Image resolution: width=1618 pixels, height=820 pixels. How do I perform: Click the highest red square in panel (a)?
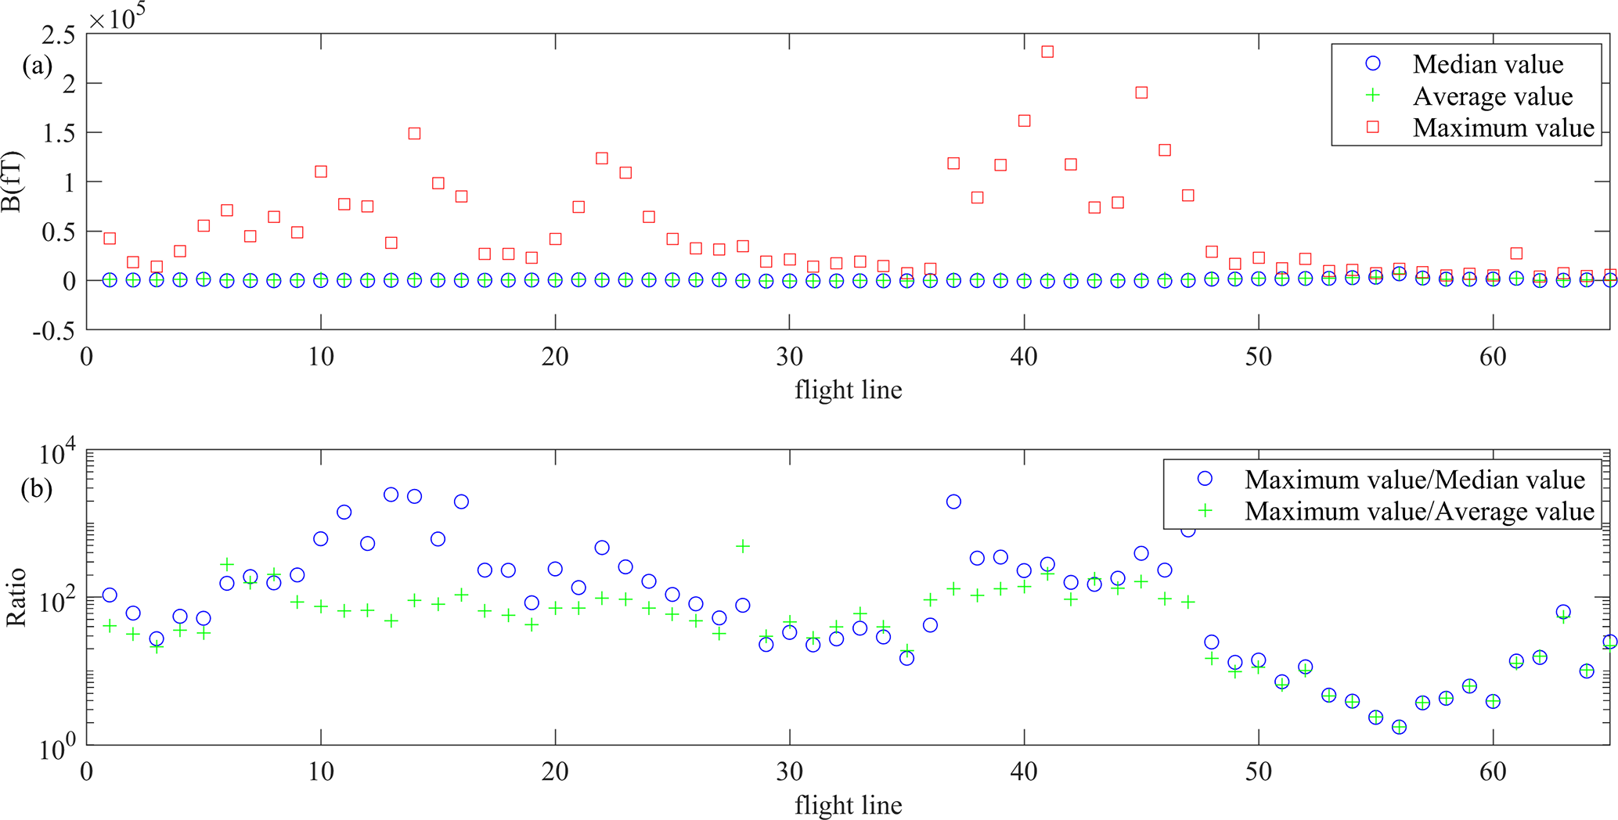pos(1047,52)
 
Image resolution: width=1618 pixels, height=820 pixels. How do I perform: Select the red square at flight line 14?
pos(414,134)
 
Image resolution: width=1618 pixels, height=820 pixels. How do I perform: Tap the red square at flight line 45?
pos(1141,92)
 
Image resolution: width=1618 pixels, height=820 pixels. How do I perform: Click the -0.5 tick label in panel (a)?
pos(54,331)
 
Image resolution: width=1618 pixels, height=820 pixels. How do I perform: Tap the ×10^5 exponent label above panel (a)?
pos(117,17)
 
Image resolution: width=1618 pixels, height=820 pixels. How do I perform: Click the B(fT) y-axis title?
pos(13,182)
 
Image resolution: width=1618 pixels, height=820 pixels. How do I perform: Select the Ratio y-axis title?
pos(16,597)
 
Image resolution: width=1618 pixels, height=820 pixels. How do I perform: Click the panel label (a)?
pos(37,66)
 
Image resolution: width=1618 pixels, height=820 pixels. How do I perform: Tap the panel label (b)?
pos(37,489)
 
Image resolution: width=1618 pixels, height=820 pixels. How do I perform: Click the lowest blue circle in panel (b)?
pos(1399,727)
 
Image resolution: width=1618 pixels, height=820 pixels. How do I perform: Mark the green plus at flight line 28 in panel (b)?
pos(742,546)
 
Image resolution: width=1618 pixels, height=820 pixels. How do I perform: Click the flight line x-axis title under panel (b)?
pos(848,805)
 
